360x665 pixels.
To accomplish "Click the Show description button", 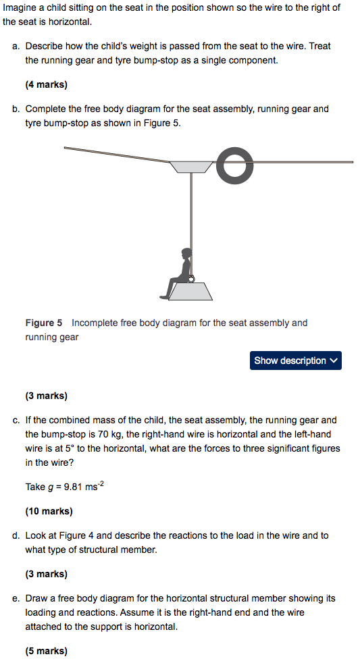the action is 295,361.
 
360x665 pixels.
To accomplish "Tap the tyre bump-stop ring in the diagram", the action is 236,167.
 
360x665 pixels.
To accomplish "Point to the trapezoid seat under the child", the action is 191,291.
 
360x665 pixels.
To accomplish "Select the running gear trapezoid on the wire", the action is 192,166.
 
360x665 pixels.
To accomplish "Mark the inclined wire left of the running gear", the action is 115,155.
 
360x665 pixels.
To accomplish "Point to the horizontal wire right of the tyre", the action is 304,162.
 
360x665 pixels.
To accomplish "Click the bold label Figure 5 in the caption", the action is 44,323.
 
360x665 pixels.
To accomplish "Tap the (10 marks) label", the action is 49,511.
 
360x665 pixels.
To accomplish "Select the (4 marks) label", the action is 46,85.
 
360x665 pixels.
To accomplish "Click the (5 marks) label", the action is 46,651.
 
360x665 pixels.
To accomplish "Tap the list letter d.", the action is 16,535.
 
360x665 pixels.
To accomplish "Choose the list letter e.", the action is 16,598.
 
